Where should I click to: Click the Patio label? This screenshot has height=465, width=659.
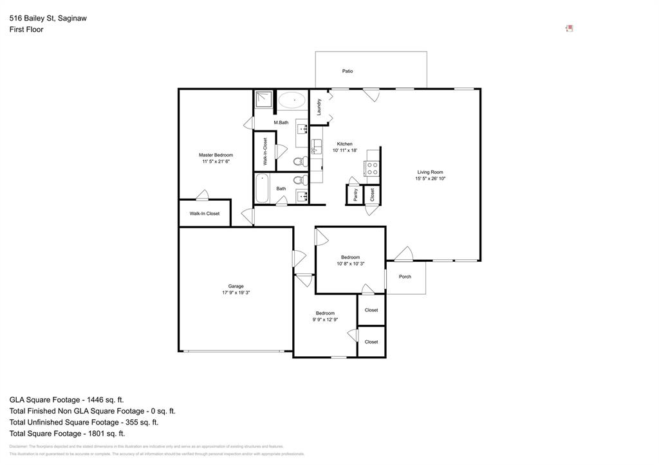[348, 71]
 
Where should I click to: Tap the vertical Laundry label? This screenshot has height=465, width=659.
[319, 107]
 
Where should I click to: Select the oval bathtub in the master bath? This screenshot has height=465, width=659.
[292, 100]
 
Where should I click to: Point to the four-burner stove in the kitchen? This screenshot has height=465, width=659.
[372, 169]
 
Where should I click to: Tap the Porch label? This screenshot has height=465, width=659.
[405, 277]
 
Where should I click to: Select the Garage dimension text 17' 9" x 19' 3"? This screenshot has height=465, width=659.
[236, 293]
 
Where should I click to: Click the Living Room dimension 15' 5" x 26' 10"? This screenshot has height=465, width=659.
[431, 179]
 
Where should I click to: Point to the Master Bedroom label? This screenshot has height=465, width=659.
[216, 155]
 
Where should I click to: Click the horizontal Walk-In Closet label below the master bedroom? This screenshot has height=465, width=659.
[204, 214]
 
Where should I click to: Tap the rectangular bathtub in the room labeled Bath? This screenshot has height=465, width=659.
[262, 188]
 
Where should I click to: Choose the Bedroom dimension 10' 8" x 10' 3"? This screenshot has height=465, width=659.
[350, 264]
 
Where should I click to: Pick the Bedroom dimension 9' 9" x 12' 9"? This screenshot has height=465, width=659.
[325, 320]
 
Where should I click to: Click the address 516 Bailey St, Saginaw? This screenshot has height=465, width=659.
[48, 19]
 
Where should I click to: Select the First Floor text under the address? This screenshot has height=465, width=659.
[26, 30]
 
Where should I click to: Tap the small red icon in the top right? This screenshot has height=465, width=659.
[570, 28]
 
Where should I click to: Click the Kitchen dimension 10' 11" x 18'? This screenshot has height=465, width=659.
[345, 150]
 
